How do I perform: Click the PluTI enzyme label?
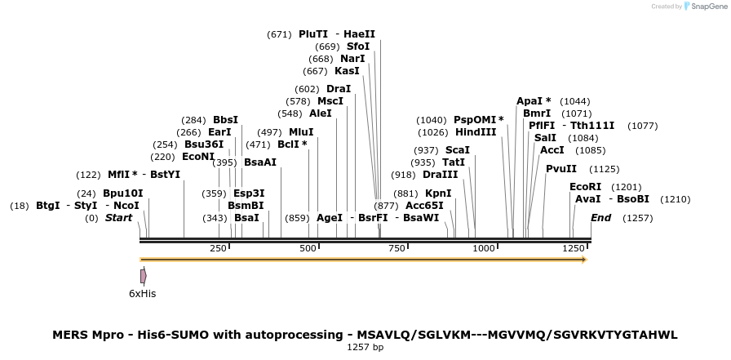313,34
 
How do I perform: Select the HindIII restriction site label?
476,132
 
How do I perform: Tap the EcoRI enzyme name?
585,187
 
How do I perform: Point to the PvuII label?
561,169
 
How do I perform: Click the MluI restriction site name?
301,132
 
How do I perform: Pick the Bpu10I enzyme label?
123,193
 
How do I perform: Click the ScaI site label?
458,150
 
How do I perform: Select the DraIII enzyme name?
441,175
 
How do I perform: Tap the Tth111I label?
592,126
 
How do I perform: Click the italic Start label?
118,218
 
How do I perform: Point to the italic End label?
600,218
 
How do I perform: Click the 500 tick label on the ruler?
308,248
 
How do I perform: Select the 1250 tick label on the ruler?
574,248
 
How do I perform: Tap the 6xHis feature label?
142,293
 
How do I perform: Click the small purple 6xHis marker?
143,276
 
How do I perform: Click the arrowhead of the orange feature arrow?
584,260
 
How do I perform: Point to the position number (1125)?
605,169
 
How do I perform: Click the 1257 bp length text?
365,347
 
